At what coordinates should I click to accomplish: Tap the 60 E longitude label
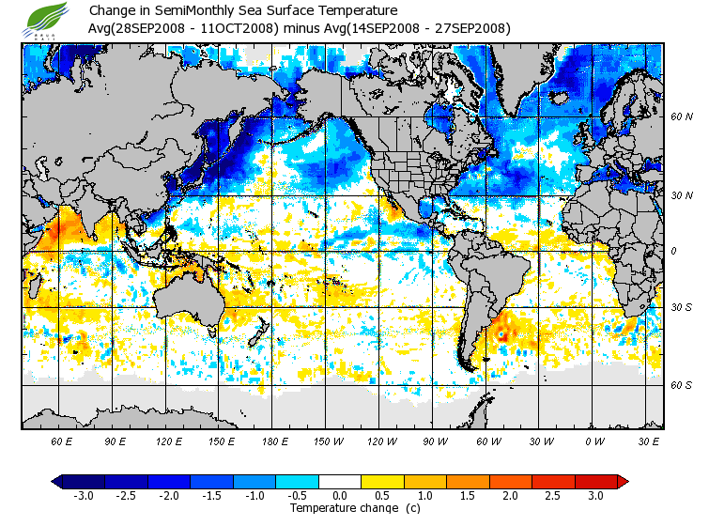(x=61, y=441)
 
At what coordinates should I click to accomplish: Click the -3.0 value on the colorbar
(x=85, y=495)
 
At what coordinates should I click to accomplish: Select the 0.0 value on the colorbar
(x=340, y=495)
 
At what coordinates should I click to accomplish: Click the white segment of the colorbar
(x=340, y=481)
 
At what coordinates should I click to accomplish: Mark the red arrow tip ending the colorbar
(x=623, y=481)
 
